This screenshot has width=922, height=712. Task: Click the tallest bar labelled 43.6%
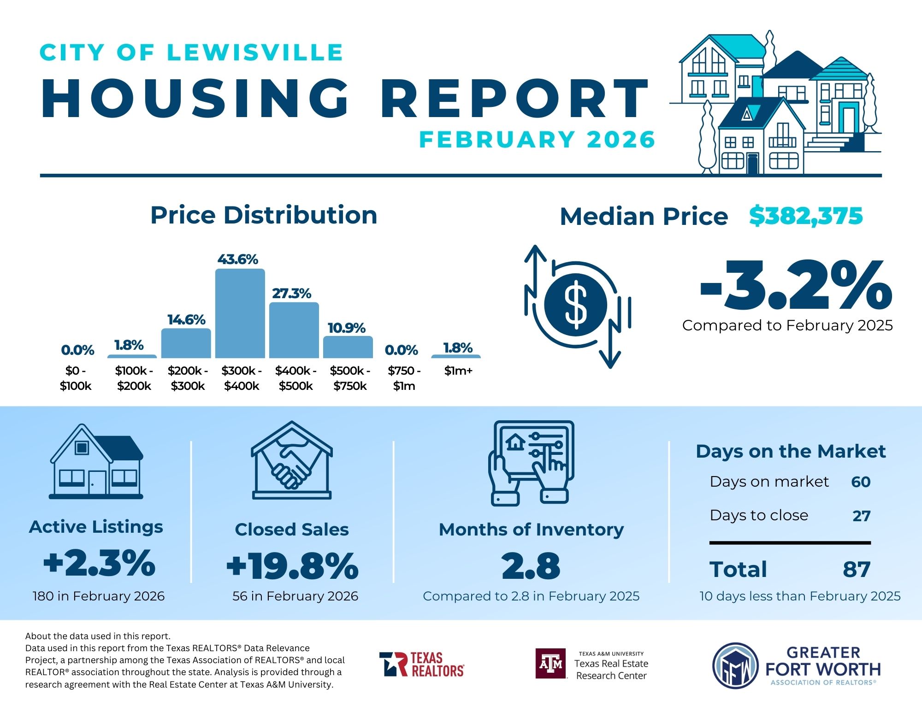[240, 313]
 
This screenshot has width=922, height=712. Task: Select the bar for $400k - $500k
[294, 330]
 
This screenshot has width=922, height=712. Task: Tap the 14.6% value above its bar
[186, 319]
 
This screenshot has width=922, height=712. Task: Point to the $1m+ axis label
[458, 371]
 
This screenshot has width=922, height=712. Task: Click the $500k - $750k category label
[350, 378]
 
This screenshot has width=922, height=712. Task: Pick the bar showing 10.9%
[348, 347]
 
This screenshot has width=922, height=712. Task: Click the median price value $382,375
[805, 216]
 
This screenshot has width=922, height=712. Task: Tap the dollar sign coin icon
[575, 305]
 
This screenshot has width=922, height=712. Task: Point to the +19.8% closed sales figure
[292, 566]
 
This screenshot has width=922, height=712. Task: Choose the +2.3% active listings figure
[99, 563]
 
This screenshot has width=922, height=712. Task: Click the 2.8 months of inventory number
[531, 566]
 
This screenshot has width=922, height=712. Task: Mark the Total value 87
[857, 569]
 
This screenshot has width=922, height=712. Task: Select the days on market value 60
[861, 482]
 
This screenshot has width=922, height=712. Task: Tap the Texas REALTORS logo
[422, 664]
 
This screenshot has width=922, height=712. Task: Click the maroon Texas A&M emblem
[551, 664]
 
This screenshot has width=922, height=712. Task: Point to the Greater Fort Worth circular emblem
[735, 665]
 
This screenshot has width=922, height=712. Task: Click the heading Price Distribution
[264, 215]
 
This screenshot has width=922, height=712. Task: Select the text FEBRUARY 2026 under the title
[537, 140]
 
